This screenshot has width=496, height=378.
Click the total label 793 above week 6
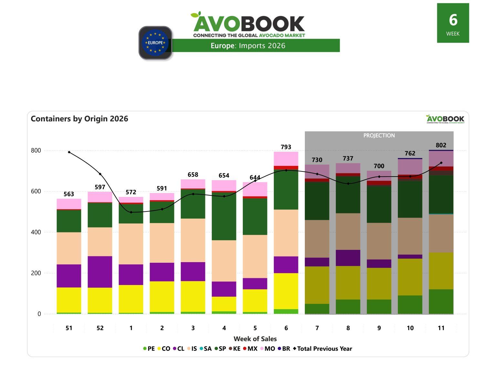coord(286,147)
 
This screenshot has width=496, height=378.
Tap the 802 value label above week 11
coord(441,145)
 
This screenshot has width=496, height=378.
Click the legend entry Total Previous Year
coord(323,349)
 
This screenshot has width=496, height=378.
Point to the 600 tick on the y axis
coord(36,191)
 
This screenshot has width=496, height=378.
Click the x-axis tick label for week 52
coord(100,328)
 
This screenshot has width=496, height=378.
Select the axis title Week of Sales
coord(255,339)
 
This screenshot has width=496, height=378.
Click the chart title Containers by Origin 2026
coord(79,119)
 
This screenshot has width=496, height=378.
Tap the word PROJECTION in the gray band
coord(379,136)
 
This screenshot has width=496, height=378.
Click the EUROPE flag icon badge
coord(155,43)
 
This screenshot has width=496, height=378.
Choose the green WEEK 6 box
coord(453,23)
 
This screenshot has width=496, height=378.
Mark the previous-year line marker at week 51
coord(69,152)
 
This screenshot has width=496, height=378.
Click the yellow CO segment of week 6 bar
coord(286,291)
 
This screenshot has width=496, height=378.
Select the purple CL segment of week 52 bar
coord(100,272)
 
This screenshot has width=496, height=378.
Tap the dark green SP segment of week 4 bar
coord(224,216)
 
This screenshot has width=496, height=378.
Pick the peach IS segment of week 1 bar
coord(131,244)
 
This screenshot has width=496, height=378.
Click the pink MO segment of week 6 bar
coord(286,159)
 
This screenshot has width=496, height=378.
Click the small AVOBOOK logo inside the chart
coord(445,119)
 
